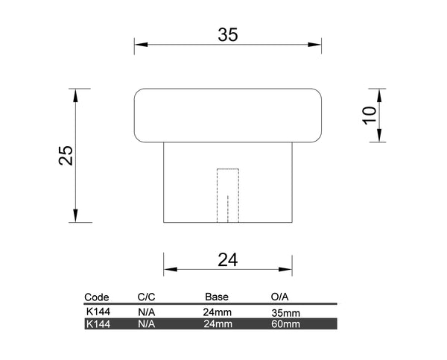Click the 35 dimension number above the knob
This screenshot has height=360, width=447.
[228, 35]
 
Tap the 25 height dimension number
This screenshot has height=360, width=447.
[66, 156]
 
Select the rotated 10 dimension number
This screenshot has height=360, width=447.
[370, 116]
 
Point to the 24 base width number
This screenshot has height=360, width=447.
[227, 260]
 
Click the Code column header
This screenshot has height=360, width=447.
[97, 297]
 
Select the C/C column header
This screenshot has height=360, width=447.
[146, 297]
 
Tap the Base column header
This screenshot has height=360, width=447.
[217, 297]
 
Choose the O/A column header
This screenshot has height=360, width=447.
[279, 297]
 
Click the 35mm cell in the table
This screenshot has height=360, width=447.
[285, 313]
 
